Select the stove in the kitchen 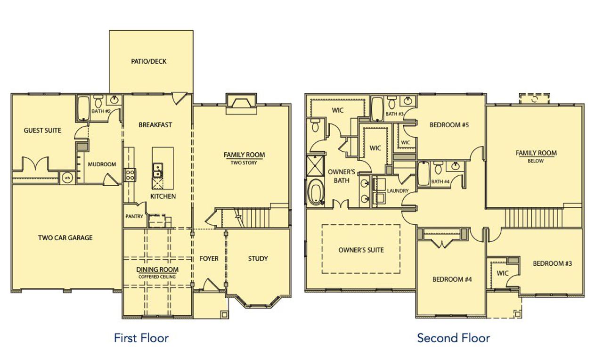(x=130, y=175)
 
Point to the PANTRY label (x=134, y=217)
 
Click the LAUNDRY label (x=398, y=191)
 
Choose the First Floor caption (x=141, y=337)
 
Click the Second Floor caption (x=453, y=337)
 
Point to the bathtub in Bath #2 (x=83, y=109)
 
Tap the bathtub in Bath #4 (x=423, y=174)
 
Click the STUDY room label (x=258, y=258)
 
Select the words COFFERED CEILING (x=157, y=277)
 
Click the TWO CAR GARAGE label (x=65, y=238)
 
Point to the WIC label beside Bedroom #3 (x=502, y=273)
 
